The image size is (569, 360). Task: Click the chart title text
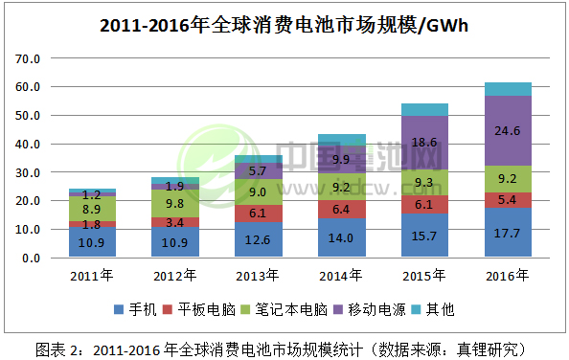point(284,25)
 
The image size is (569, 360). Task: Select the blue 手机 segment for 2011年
point(92,242)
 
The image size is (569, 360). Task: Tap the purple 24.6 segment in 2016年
point(508,131)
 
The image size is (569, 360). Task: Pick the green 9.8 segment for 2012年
point(175,203)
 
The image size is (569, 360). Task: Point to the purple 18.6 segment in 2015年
point(424,144)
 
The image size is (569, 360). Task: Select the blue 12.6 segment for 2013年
point(258,239)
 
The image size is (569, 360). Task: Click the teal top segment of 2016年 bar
point(508,89)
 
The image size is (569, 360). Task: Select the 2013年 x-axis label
point(258,277)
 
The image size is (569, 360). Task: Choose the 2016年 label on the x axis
point(508,277)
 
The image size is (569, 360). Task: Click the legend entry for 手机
point(140,309)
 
